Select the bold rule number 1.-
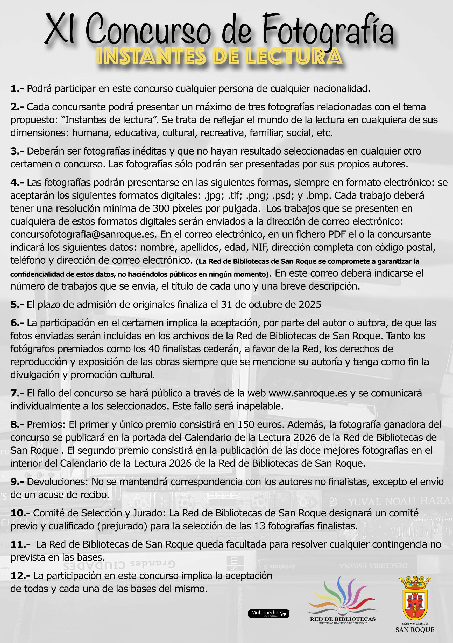click(x=17, y=89)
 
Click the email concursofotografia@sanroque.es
click(x=83, y=234)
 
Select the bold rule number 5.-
click(x=17, y=305)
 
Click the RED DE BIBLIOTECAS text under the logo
click(x=343, y=619)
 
